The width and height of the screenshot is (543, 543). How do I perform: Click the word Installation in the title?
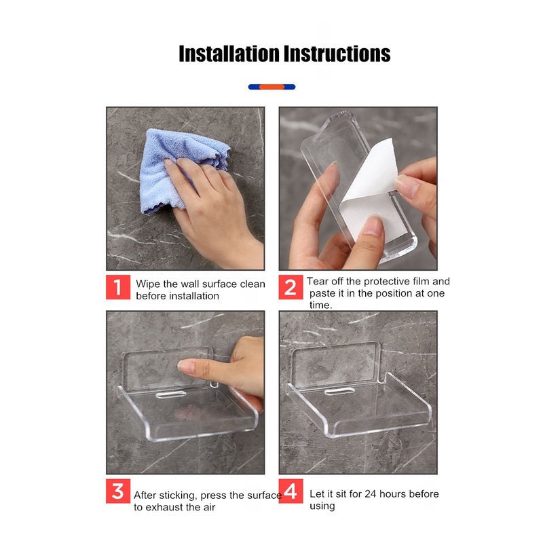pos(229,54)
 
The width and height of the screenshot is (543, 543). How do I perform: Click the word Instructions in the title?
pos(337,54)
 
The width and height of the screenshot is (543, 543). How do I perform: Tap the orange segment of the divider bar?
pos(272,87)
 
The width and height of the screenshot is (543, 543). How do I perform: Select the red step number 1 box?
pos(118,287)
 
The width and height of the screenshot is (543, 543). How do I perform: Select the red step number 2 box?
pos(291,287)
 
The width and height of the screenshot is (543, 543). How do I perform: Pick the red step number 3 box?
pos(118,491)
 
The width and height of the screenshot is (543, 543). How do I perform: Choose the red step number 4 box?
pos(291,491)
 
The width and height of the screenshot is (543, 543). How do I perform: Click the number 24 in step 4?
pos(370,494)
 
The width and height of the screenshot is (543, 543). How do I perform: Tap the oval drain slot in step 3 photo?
pos(171,394)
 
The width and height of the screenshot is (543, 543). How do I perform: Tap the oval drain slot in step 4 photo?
pos(339,392)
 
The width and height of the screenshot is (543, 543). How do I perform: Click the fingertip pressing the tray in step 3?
pos(183,366)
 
